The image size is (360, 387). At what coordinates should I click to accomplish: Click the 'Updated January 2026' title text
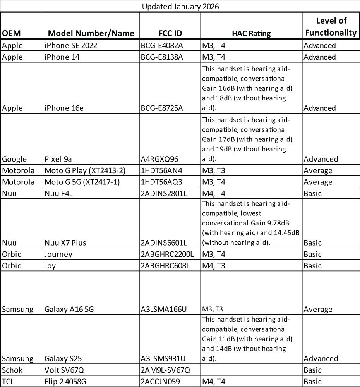[180, 7]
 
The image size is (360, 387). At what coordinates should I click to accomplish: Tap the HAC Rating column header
[251, 33]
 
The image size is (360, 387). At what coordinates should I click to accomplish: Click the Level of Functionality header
[331, 27]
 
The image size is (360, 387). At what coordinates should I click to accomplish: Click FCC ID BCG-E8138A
[162, 57]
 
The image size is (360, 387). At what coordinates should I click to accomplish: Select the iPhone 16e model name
[63, 108]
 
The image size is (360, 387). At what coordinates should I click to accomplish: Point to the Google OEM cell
[15, 159]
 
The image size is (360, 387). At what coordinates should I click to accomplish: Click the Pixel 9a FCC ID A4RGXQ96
[159, 159]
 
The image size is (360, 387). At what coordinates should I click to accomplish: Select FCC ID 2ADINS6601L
[164, 243]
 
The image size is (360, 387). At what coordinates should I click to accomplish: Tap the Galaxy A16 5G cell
[69, 309]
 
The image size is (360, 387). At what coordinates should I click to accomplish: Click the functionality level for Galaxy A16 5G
[318, 309]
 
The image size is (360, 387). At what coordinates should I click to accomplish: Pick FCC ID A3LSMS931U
[164, 358]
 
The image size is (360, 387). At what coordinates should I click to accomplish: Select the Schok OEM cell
[13, 370]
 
